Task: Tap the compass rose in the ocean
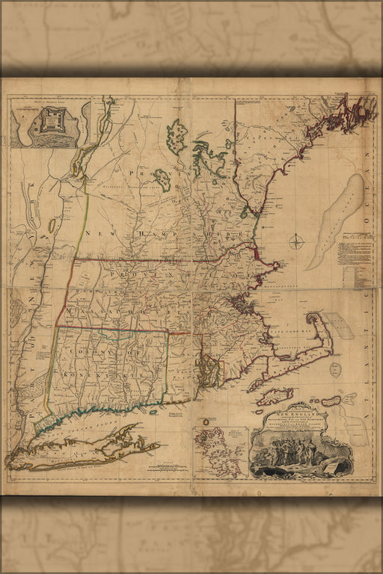[x=297, y=241]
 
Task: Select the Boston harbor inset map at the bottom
[x=220, y=451]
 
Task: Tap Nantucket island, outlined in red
[x=330, y=401]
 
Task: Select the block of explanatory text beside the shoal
[x=352, y=258]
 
